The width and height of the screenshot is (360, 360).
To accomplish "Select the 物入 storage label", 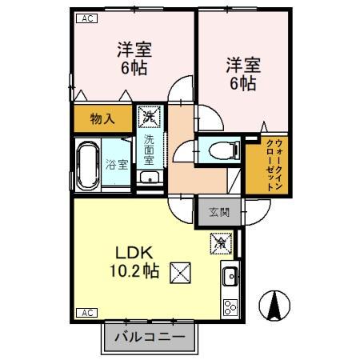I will [102, 119].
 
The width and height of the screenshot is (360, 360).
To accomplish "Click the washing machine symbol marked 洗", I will [149, 118].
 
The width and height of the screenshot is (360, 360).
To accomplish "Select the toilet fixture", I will [219, 150].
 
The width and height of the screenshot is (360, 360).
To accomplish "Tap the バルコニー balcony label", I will [150, 337].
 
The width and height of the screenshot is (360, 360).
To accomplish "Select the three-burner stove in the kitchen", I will [229, 306].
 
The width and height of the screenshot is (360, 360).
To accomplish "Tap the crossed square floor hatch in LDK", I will [180, 272].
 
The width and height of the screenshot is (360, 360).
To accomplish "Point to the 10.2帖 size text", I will [134, 272].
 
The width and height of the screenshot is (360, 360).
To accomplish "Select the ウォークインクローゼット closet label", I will [271, 165].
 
